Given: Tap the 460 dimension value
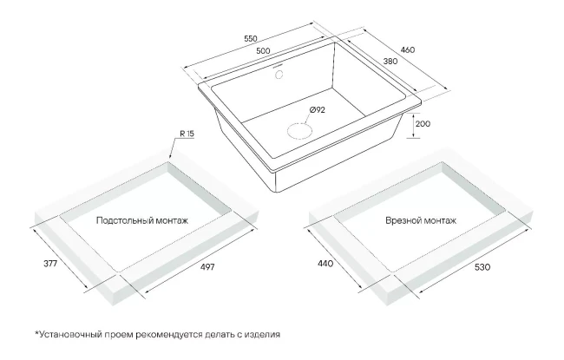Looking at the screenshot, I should [x=431, y=50].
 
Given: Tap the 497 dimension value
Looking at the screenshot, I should [x=207, y=265].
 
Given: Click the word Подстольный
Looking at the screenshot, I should [x=126, y=220].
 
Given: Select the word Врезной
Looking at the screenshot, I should [x=404, y=220].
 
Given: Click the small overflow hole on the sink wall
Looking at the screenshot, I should [x=280, y=75].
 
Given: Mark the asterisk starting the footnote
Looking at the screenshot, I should [x=37, y=332].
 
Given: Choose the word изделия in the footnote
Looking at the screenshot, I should [x=263, y=334].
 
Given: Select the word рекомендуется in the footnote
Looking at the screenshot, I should [x=174, y=334].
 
